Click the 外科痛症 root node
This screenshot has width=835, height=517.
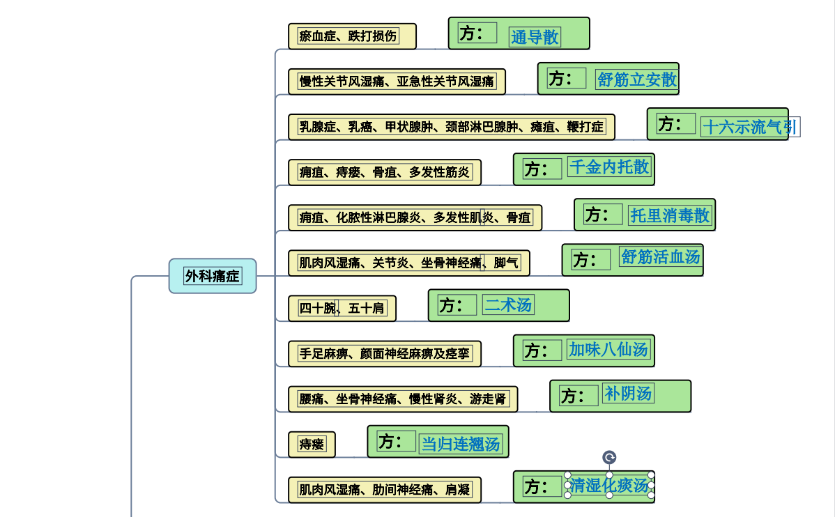click(213, 276)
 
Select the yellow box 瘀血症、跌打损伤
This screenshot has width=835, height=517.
click(352, 36)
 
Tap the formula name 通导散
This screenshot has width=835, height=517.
click(535, 37)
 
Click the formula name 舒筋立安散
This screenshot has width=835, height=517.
click(637, 79)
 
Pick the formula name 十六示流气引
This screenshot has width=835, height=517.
click(749, 127)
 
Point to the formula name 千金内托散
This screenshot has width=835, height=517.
click(609, 167)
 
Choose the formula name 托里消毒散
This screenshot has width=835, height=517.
click(670, 215)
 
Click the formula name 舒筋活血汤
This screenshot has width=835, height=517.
click(660, 257)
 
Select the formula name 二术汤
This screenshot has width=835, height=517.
click(509, 304)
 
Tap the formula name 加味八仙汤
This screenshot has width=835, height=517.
click(608, 350)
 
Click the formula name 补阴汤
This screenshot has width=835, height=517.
click(628, 394)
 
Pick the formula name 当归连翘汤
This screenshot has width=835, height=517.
click(461, 444)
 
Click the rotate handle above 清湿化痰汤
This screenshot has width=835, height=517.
click(609, 457)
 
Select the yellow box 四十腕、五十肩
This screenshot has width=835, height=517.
click(342, 308)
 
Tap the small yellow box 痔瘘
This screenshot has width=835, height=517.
click(312, 445)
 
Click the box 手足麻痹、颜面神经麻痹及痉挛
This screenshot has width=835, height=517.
click(385, 353)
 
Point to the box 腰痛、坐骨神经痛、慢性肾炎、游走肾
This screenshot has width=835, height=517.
click(403, 399)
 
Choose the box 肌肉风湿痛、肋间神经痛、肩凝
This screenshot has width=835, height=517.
click(385, 490)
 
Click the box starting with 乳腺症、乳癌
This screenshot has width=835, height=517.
click(452, 127)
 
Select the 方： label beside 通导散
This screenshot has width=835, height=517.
click(472, 33)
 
